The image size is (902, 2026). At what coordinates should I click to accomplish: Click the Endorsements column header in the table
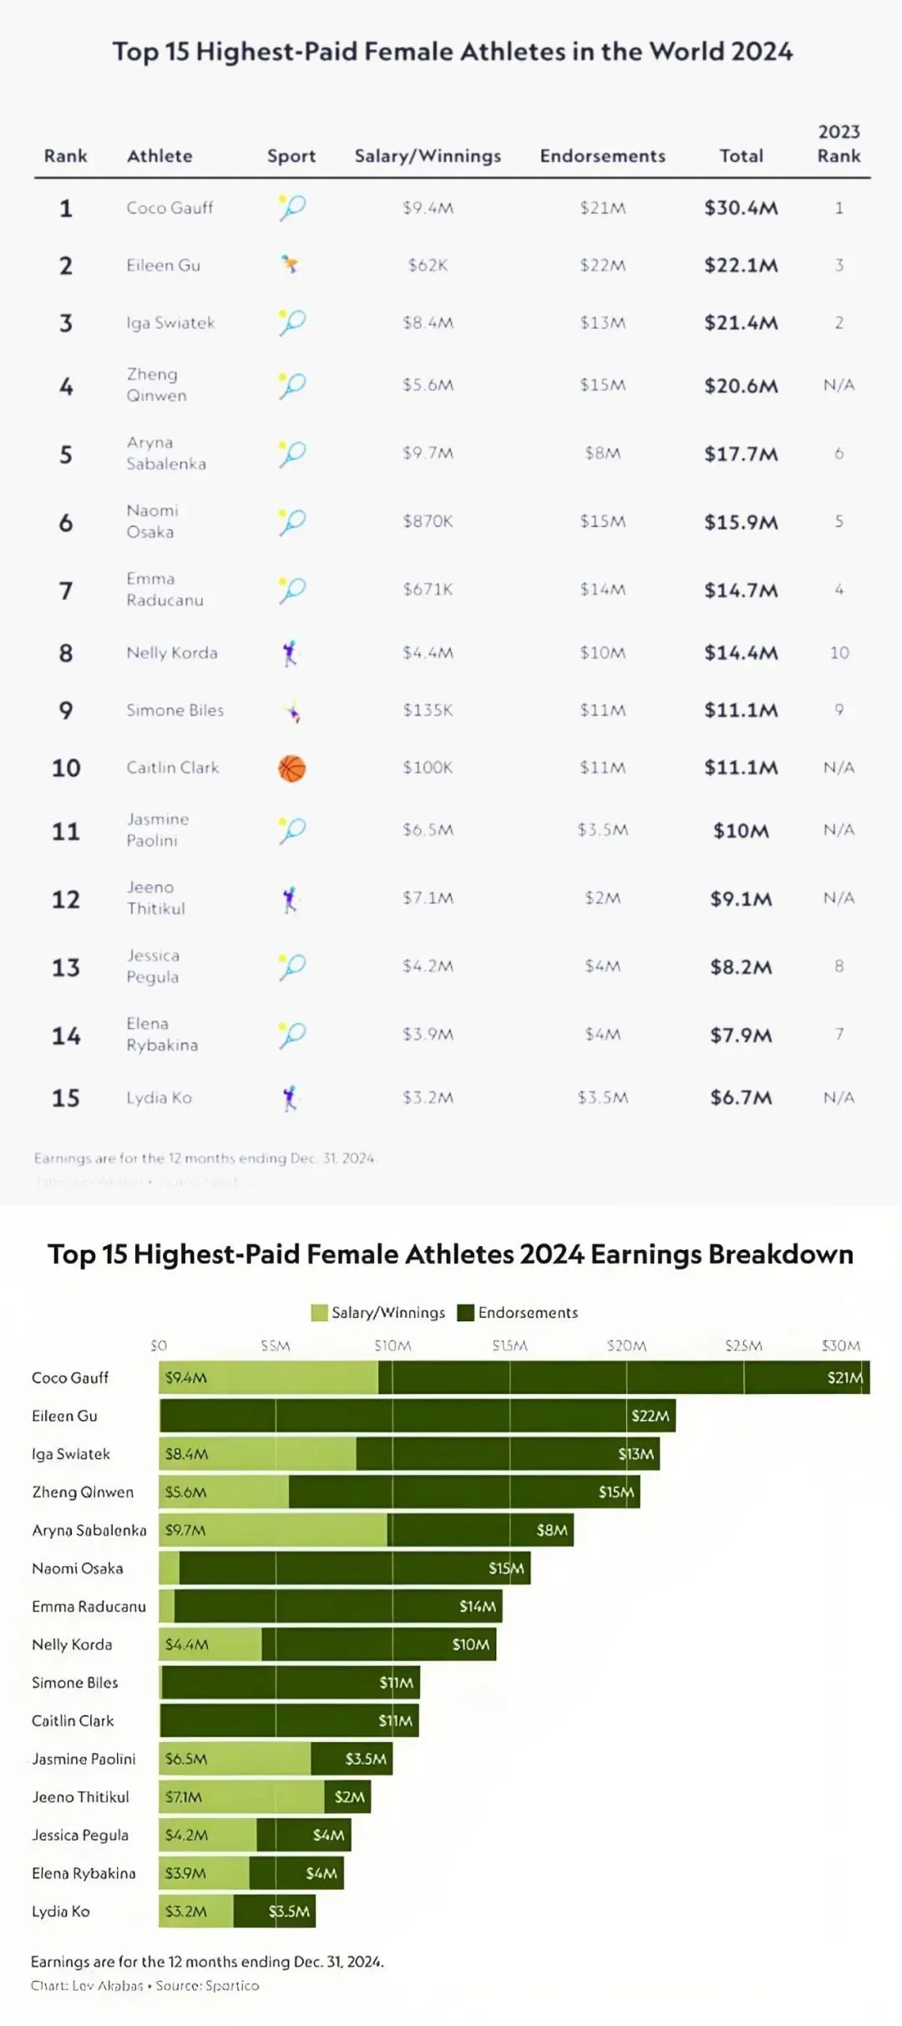pos(602,156)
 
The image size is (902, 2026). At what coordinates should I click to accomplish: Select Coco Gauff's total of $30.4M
pos(741,208)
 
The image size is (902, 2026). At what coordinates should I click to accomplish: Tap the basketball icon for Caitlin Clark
pos(291,768)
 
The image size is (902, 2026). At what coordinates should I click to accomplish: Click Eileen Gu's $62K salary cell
pos(428,266)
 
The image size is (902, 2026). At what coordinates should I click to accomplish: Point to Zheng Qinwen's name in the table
pos(156,385)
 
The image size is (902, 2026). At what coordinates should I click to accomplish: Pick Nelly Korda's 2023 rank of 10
pos(839,653)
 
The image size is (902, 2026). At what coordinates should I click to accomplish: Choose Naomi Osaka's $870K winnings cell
pos(428,521)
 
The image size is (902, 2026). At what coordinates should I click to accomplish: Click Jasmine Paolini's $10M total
pos(741,831)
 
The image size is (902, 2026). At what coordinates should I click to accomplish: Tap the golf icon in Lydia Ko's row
pos(290,1098)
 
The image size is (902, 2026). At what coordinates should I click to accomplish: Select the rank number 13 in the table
pos(66,968)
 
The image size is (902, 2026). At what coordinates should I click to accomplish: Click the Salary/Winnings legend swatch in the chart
pos(319,1313)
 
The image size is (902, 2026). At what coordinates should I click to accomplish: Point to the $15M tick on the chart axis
pos(509,1345)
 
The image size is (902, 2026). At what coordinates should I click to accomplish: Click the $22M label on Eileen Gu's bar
pos(650,1416)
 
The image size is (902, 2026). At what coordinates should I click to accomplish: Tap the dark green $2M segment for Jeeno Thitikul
pos(347,1796)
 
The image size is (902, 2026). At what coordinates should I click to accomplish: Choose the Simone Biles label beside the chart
pos(75,1683)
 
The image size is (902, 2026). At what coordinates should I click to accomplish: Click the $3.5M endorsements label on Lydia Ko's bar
pos(289,1911)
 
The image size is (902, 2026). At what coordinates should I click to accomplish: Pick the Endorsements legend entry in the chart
pos(527,1313)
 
